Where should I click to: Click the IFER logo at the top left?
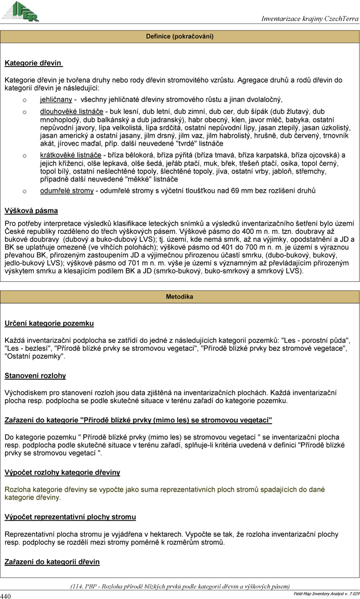[21, 11]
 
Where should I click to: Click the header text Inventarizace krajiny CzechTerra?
[310, 19]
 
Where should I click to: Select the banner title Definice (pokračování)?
[180, 37]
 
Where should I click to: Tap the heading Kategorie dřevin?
[33, 63]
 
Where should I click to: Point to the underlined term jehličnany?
[56, 100]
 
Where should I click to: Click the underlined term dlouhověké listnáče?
[71, 111]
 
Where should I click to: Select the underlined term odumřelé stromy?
[66, 191]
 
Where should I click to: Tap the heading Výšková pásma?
[31, 210]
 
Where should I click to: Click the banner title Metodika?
[180, 297]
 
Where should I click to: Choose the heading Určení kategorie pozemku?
[49, 323]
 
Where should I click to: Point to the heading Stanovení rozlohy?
[35, 376]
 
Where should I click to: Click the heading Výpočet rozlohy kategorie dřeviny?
[62, 472]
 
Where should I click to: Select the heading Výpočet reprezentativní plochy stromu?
[70, 517]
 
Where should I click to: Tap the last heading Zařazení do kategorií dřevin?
[52, 562]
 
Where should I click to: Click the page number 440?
[5, 596]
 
